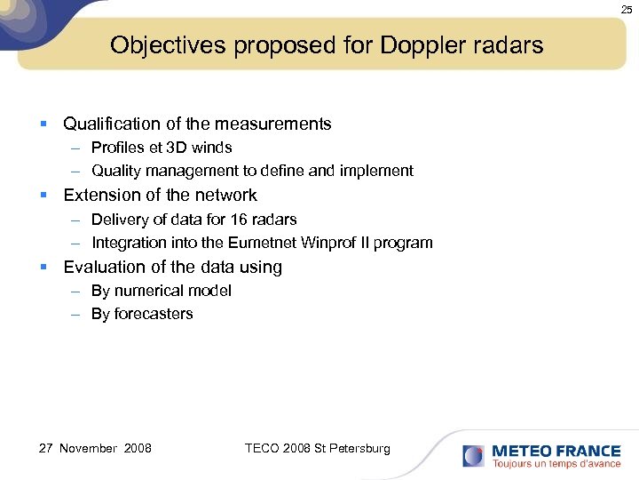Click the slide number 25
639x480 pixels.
click(627, 9)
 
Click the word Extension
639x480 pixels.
click(101, 196)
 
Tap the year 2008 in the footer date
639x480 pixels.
click(138, 449)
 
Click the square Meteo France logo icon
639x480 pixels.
click(473, 456)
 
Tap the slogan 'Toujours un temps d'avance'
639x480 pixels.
click(556, 464)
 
